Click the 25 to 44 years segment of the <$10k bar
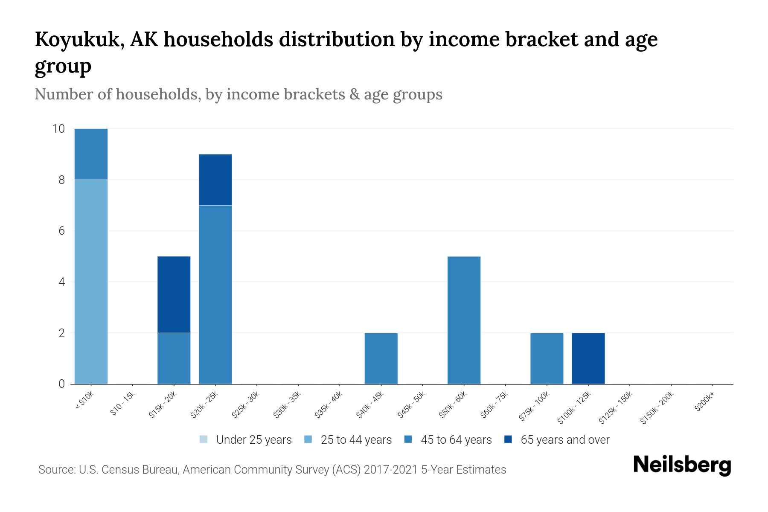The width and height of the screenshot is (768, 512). [x=91, y=282]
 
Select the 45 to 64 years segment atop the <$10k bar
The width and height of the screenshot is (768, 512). [x=91, y=154]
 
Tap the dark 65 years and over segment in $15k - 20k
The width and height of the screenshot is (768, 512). [x=174, y=294]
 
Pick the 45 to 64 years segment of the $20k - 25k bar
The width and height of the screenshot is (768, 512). [x=215, y=294]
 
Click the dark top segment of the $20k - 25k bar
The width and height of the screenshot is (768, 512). [x=215, y=180]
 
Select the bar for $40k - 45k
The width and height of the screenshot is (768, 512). [x=381, y=358]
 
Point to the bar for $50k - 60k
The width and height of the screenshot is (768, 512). [x=464, y=320]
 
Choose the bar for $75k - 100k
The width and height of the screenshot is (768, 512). [x=547, y=358]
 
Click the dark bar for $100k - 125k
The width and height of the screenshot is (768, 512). [x=588, y=358]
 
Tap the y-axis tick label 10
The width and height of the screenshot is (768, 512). [x=58, y=129]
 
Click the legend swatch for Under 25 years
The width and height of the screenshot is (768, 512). [x=204, y=439]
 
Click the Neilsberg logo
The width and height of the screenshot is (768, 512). [x=682, y=465]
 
